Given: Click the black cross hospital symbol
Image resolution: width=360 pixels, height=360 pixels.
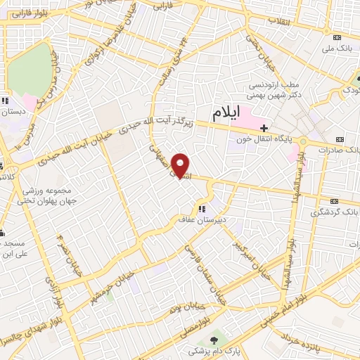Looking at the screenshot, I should (x=264, y=128).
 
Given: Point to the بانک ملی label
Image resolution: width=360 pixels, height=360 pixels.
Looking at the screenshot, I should (x=334, y=49).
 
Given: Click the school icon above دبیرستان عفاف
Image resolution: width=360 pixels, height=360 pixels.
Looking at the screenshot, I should (x=202, y=208).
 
